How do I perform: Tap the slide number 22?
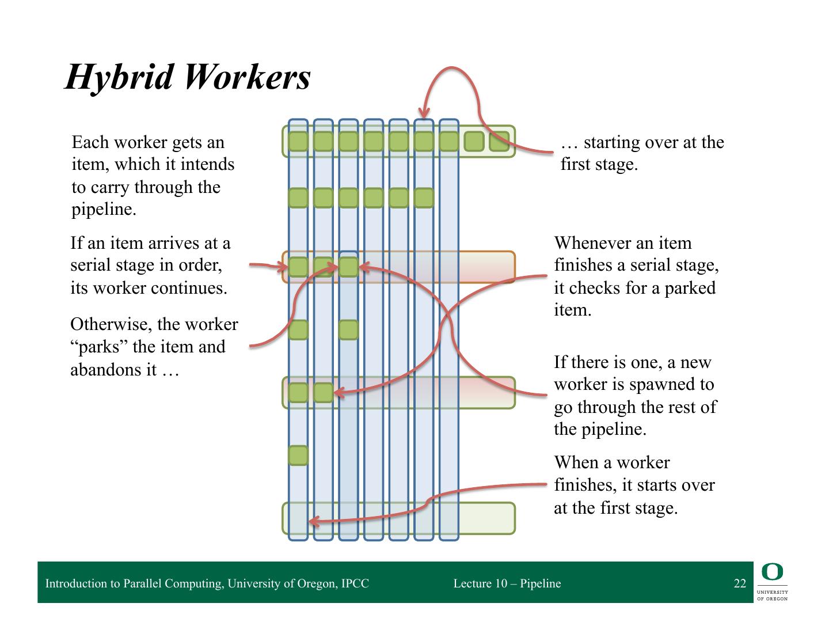(740, 583)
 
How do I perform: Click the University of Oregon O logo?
(772, 572)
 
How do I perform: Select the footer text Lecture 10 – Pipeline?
(507, 583)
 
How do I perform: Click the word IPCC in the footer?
(355, 583)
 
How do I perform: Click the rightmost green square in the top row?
(499, 141)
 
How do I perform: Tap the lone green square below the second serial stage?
(298, 455)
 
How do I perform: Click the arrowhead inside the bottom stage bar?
(313, 522)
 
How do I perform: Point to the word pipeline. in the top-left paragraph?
(104, 210)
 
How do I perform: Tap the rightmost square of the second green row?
(424, 198)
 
